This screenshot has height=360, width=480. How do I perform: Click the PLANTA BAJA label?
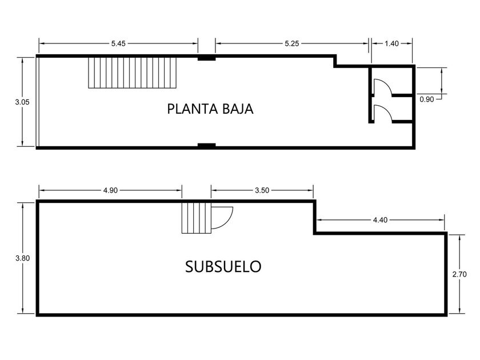coord(210,109)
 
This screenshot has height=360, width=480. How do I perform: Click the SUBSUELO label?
coord(223,266)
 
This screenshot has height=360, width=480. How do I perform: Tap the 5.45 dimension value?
coord(118,43)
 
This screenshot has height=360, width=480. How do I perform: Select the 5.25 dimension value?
coord(292,43)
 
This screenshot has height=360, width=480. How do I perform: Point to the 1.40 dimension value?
coord(391,43)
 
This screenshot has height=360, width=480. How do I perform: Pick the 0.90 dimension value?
coord(426,99)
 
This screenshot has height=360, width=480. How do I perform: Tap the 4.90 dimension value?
coord(110,190)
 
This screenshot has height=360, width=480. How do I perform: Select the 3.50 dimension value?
coord(262,190)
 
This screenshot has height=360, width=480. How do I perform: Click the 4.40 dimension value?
coord(380,219)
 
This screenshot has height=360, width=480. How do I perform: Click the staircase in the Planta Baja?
coord(132,72)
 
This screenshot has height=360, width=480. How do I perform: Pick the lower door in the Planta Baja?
coord(382,113)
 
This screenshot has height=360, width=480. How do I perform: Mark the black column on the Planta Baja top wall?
coord(206,57)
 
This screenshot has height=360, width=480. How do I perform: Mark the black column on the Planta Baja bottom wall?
coord(206,146)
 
